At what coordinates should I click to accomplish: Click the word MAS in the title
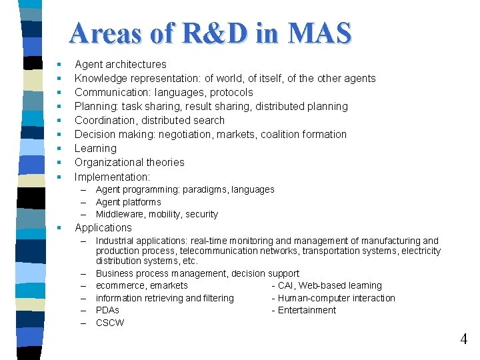pos(319,33)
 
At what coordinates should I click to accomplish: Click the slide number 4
pos(463,339)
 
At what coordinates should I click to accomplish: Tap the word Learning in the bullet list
pos(95,149)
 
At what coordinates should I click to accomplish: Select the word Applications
pos(103,228)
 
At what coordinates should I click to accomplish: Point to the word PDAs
pos(107,311)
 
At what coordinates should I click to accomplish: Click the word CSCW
pos(110,323)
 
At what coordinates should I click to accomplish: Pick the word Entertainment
pos(307,311)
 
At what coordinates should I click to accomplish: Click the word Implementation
pos(111,177)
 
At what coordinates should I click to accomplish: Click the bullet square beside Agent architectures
pos(59,65)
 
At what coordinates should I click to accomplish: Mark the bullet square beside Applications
pos(59,228)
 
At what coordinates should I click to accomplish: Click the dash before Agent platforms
pos(85,203)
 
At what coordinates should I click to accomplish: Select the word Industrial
pos(117,241)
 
